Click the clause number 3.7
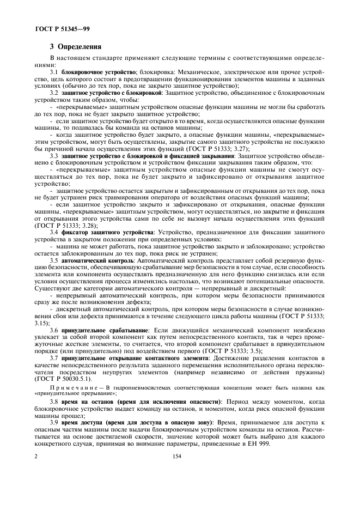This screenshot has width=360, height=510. point(54,358)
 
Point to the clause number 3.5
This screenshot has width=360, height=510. point(54,260)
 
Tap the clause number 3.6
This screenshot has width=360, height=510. point(54,330)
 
